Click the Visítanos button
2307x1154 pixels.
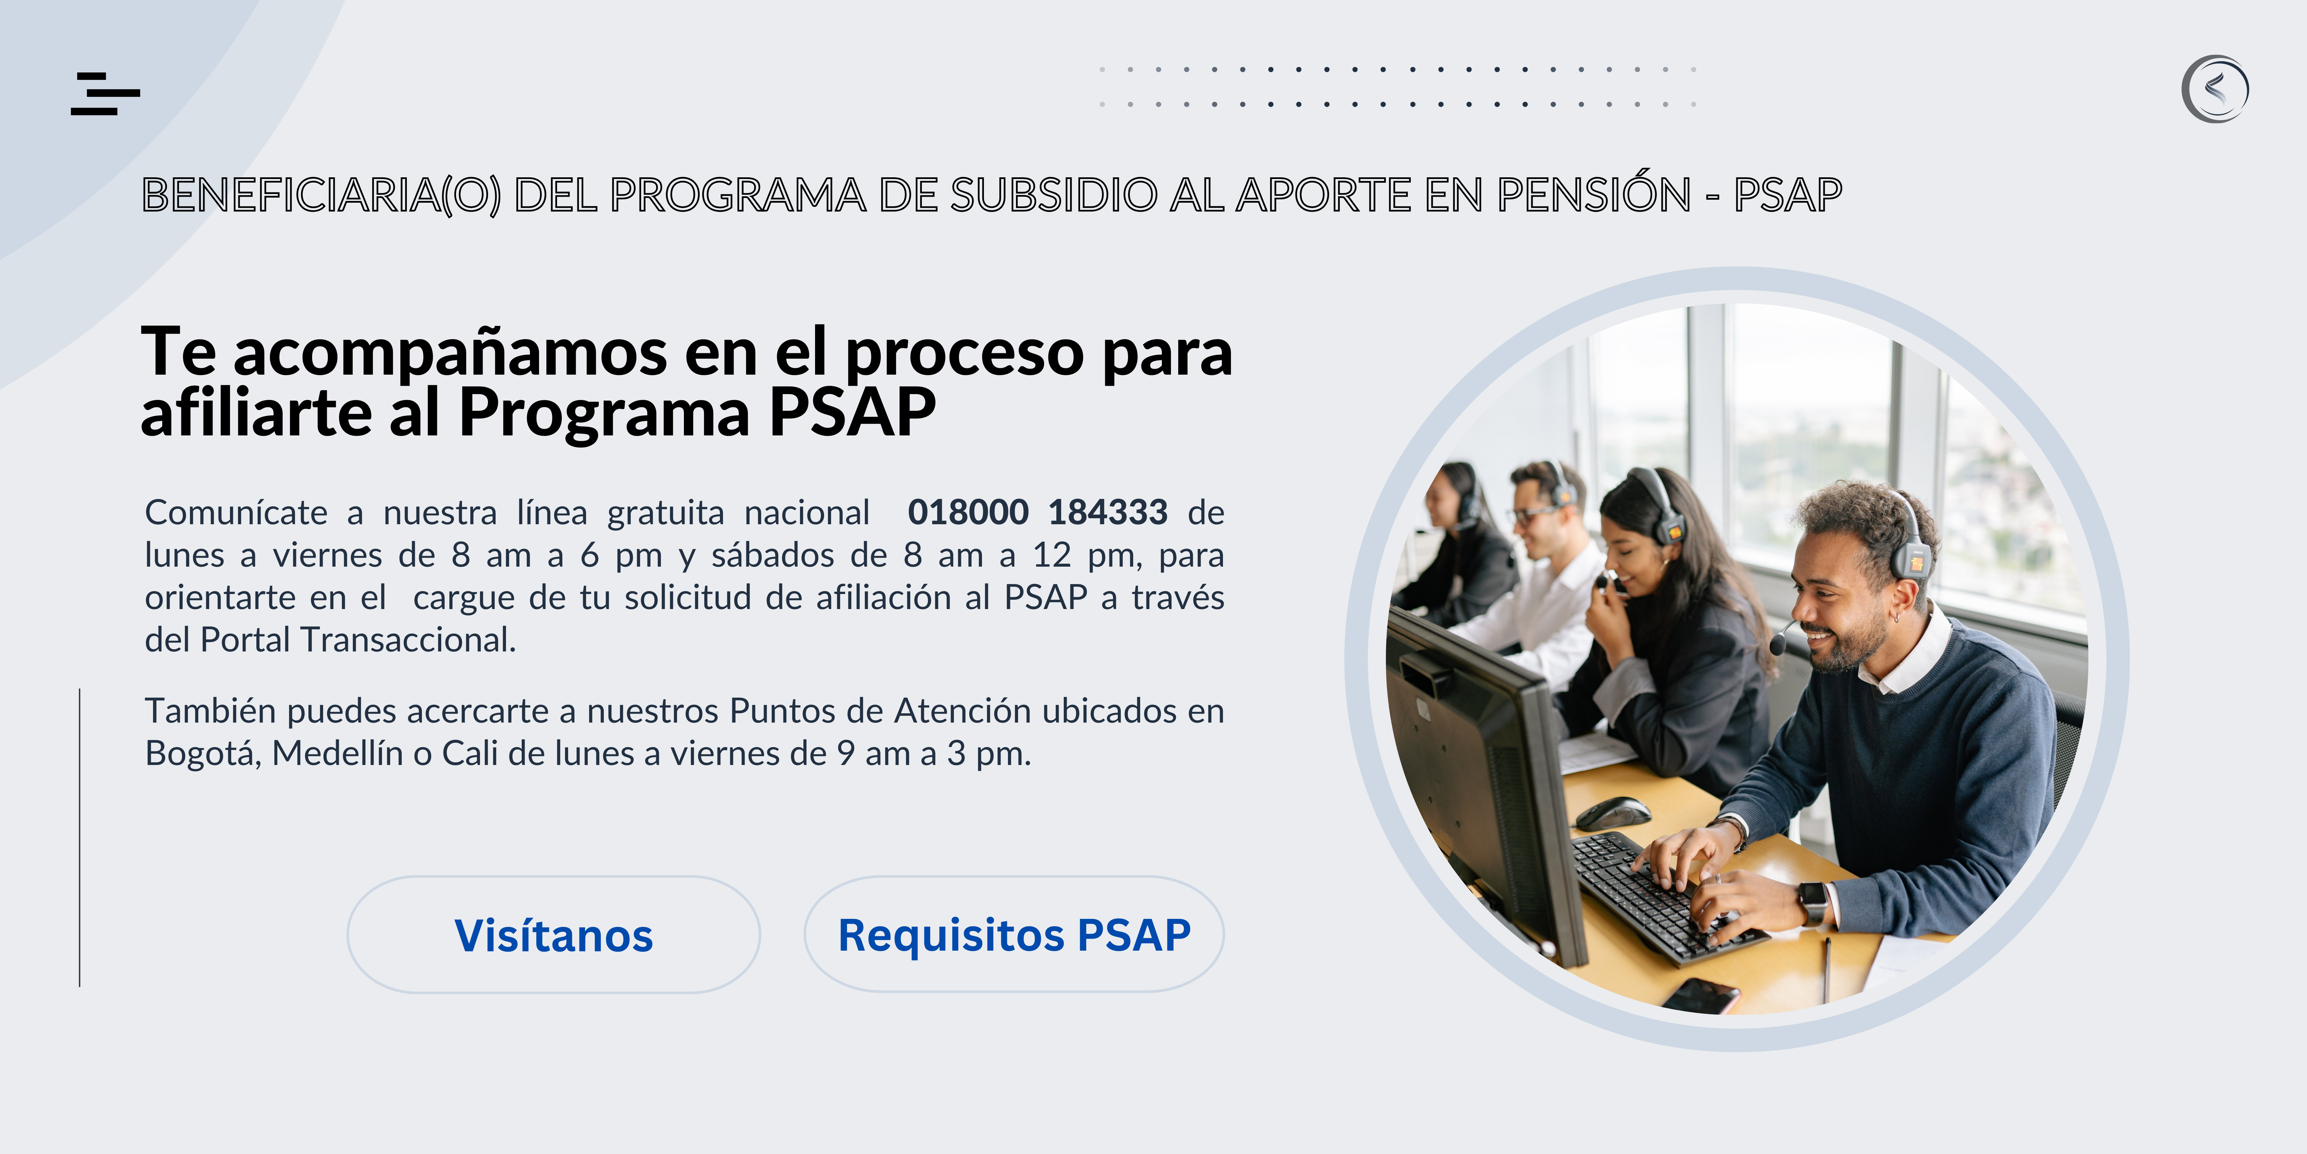[553, 935]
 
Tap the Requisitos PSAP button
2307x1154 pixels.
[1014, 935]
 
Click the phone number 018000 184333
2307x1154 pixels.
[1037, 513]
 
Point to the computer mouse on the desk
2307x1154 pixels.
[1613, 813]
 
